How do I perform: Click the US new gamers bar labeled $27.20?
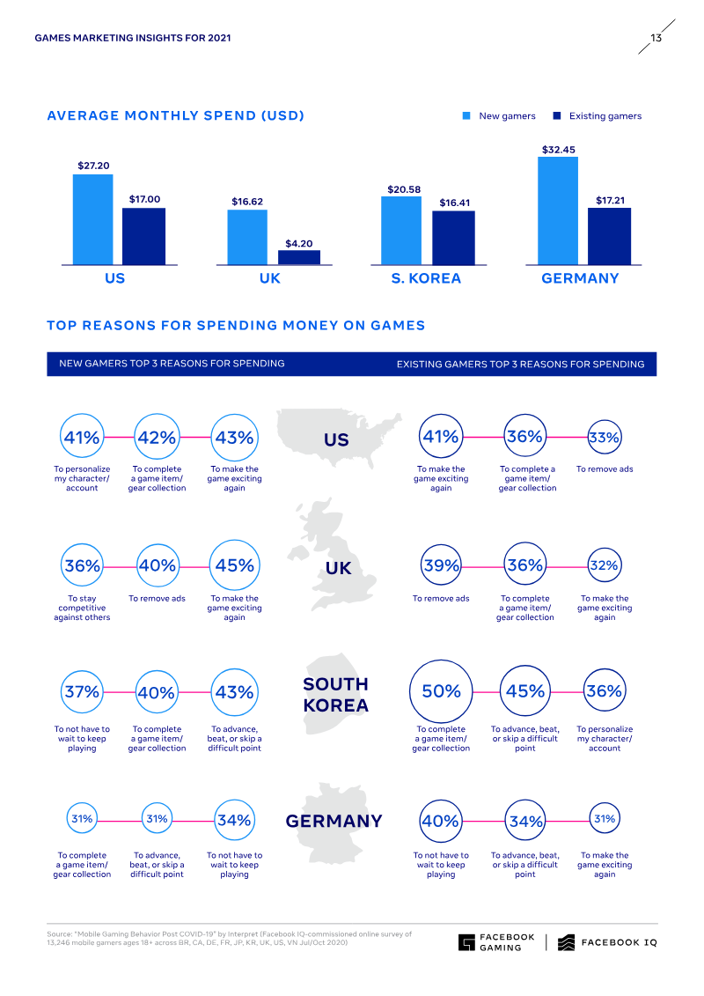(92, 219)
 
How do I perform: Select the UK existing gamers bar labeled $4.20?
(299, 257)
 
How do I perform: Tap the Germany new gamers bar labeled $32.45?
(558, 210)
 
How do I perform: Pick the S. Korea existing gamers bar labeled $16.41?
(454, 238)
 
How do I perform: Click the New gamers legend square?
(467, 116)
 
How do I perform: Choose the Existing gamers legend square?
(556, 116)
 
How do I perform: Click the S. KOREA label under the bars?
(426, 278)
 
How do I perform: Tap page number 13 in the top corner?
(656, 39)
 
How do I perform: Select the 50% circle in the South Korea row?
(441, 691)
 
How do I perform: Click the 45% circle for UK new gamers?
(234, 565)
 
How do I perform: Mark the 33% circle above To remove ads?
(605, 437)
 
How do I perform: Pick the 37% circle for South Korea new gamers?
(82, 692)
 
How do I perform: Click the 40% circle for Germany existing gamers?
(441, 821)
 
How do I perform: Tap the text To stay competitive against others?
(82, 608)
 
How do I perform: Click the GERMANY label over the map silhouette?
(334, 822)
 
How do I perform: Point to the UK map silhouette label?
(338, 568)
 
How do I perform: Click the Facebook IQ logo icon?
(567, 942)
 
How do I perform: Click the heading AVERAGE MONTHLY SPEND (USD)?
(175, 116)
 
